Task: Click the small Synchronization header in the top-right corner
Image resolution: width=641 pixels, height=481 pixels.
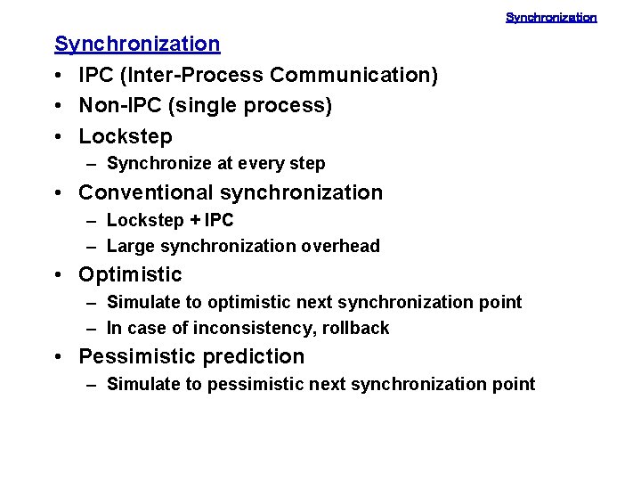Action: coord(551,17)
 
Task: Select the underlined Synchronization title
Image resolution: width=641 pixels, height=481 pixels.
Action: coord(137,44)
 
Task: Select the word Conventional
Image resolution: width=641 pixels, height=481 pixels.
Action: coord(146,192)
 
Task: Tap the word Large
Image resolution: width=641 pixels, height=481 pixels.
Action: coord(129,247)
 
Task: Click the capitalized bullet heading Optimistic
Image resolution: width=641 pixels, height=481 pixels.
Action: coord(130,274)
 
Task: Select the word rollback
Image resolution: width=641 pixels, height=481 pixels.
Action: coord(355,329)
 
